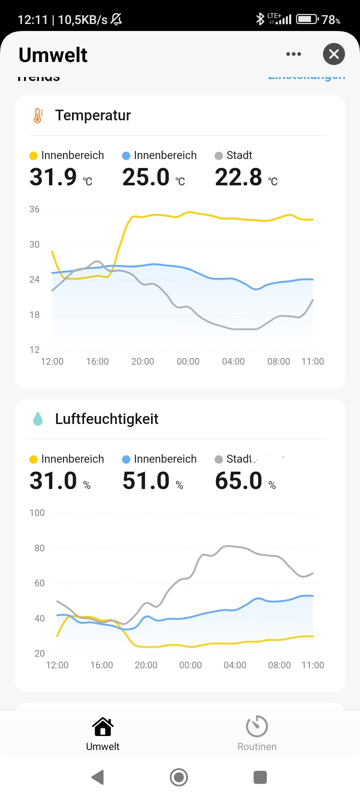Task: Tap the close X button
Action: click(x=334, y=54)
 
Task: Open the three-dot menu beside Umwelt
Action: click(x=293, y=54)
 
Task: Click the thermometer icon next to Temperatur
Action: click(x=38, y=116)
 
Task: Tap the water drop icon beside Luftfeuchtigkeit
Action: click(x=38, y=419)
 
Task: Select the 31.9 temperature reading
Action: click(x=53, y=177)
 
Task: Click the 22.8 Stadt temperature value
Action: click(x=239, y=177)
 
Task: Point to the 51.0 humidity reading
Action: click(x=146, y=481)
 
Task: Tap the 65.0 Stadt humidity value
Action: click(x=239, y=481)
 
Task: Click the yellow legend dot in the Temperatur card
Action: click(x=33, y=156)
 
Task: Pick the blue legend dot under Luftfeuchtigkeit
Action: click(x=126, y=459)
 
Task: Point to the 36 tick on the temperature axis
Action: click(x=34, y=209)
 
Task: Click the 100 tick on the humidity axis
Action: click(x=37, y=513)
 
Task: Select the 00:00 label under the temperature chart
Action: click(x=188, y=361)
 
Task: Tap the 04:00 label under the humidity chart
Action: click(x=235, y=665)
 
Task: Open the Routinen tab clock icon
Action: click(x=257, y=726)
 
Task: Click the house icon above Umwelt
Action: click(x=103, y=727)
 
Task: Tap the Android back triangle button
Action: click(x=98, y=777)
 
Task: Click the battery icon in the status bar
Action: click(x=307, y=19)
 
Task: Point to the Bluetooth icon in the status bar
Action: click(x=260, y=19)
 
